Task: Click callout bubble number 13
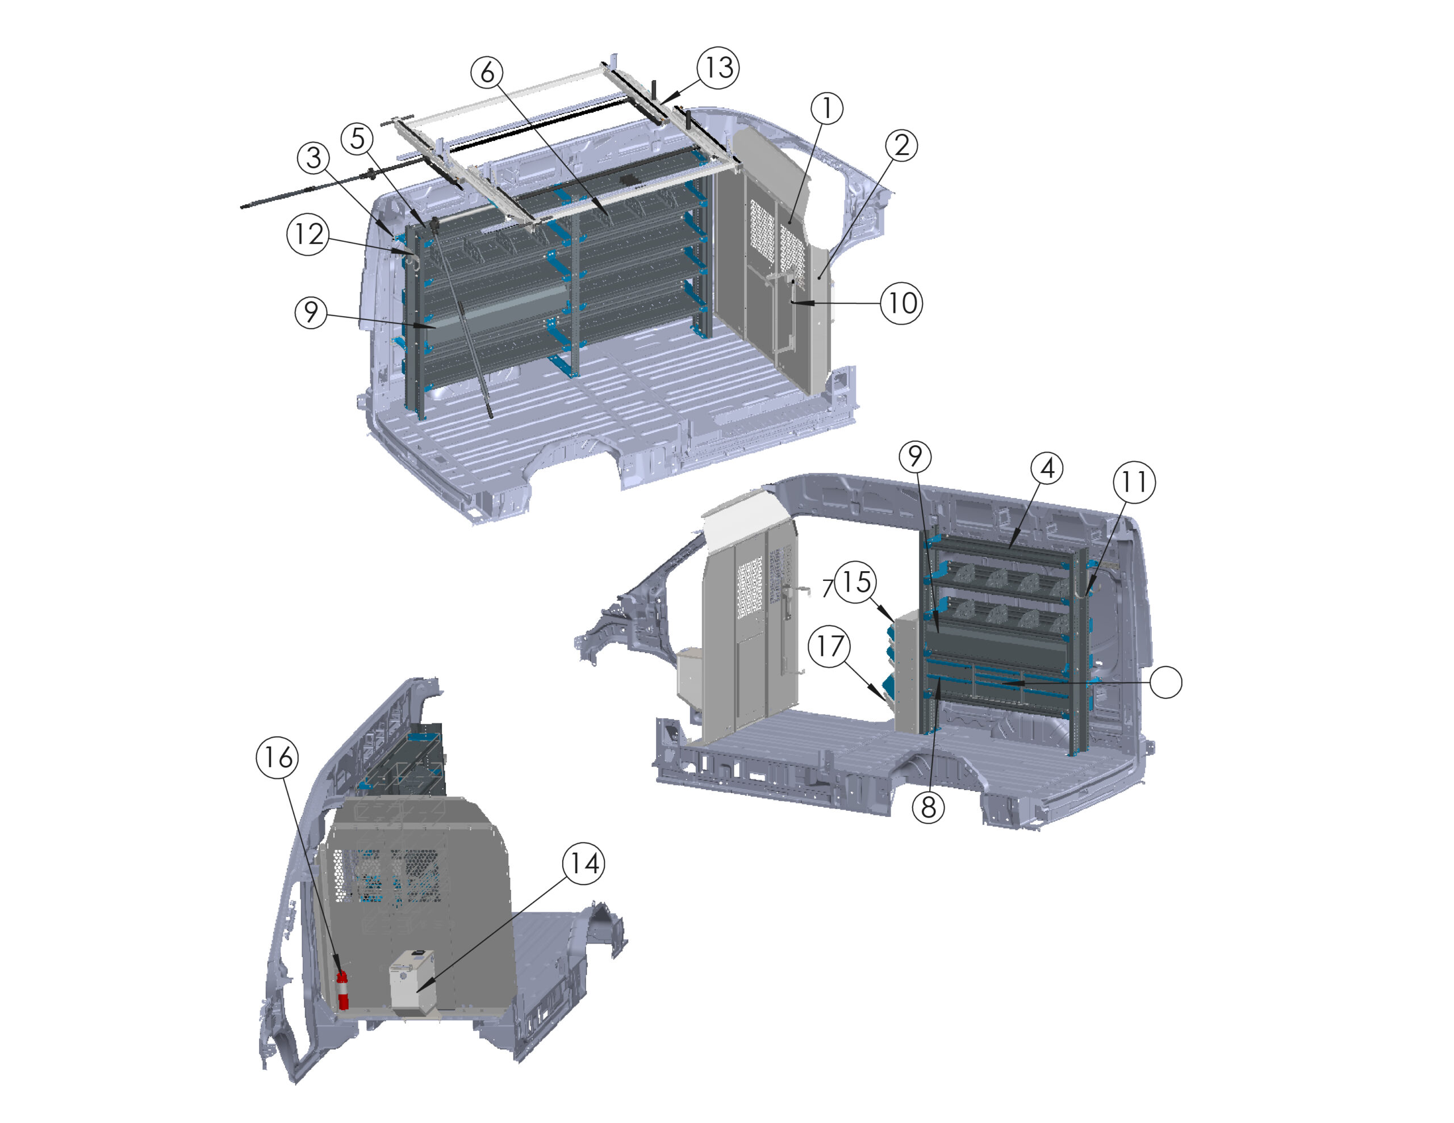[718, 67]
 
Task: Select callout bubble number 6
[487, 72]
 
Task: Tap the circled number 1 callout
[827, 108]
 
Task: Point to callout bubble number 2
[901, 145]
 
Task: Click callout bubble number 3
[314, 158]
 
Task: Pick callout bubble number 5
[357, 139]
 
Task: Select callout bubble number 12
[308, 234]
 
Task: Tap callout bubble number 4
[1047, 468]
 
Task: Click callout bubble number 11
[1134, 482]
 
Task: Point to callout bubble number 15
[855, 582]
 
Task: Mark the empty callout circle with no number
[1165, 682]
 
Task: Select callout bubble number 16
[278, 757]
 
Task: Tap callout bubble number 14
[584, 864]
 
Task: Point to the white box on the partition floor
[413, 982]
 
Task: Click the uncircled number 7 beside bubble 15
[828, 588]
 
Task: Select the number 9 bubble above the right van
[915, 456]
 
